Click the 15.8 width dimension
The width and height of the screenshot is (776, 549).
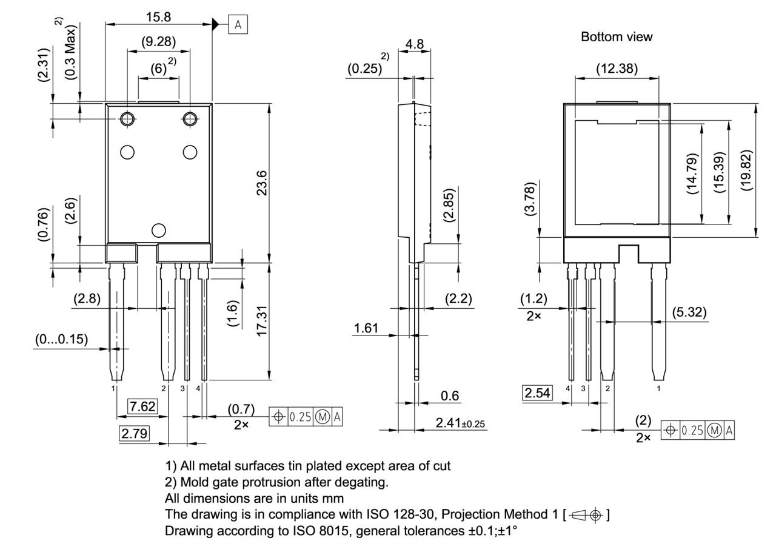tap(158, 17)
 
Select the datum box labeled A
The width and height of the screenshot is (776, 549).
tap(238, 24)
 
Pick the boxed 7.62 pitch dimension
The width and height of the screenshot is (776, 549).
tap(142, 406)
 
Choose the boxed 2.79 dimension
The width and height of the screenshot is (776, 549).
tap(134, 433)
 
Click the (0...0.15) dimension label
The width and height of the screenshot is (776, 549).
tap(60, 338)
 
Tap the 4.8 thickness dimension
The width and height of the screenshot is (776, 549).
tap(415, 44)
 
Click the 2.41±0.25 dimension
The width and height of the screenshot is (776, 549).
tap(461, 422)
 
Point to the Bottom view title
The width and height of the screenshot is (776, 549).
tap(617, 37)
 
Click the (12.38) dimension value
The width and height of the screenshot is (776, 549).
tap(617, 69)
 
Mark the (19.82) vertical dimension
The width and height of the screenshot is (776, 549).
tap(746, 170)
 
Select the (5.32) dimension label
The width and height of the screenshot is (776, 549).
tap(689, 312)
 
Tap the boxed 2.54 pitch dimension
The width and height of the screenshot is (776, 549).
tap(537, 392)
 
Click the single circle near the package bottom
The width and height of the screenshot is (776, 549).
tap(158, 230)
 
